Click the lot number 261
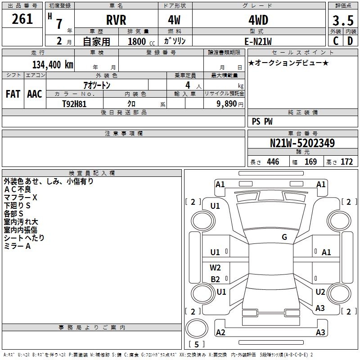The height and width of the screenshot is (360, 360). click(22, 19)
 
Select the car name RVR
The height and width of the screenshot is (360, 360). click(117, 20)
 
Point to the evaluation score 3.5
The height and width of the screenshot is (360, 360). click(342, 21)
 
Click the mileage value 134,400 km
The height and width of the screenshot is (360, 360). click(53, 64)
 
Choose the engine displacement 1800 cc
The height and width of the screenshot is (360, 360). click(137, 41)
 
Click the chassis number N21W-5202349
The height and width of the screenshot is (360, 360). click(302, 143)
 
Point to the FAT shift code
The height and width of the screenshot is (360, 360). click(13, 94)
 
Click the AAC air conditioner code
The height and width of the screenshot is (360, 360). click(35, 94)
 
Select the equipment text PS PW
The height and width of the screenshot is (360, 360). click(262, 121)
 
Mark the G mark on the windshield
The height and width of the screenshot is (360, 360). click(284, 237)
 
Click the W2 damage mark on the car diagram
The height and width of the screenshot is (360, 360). click(216, 268)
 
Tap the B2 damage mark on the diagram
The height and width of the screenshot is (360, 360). click(216, 279)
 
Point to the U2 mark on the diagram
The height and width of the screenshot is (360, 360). click(320, 292)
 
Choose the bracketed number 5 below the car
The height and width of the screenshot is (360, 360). click(196, 345)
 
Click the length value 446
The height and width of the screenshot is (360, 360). click(273, 162)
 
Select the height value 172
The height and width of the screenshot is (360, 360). click(346, 162)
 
